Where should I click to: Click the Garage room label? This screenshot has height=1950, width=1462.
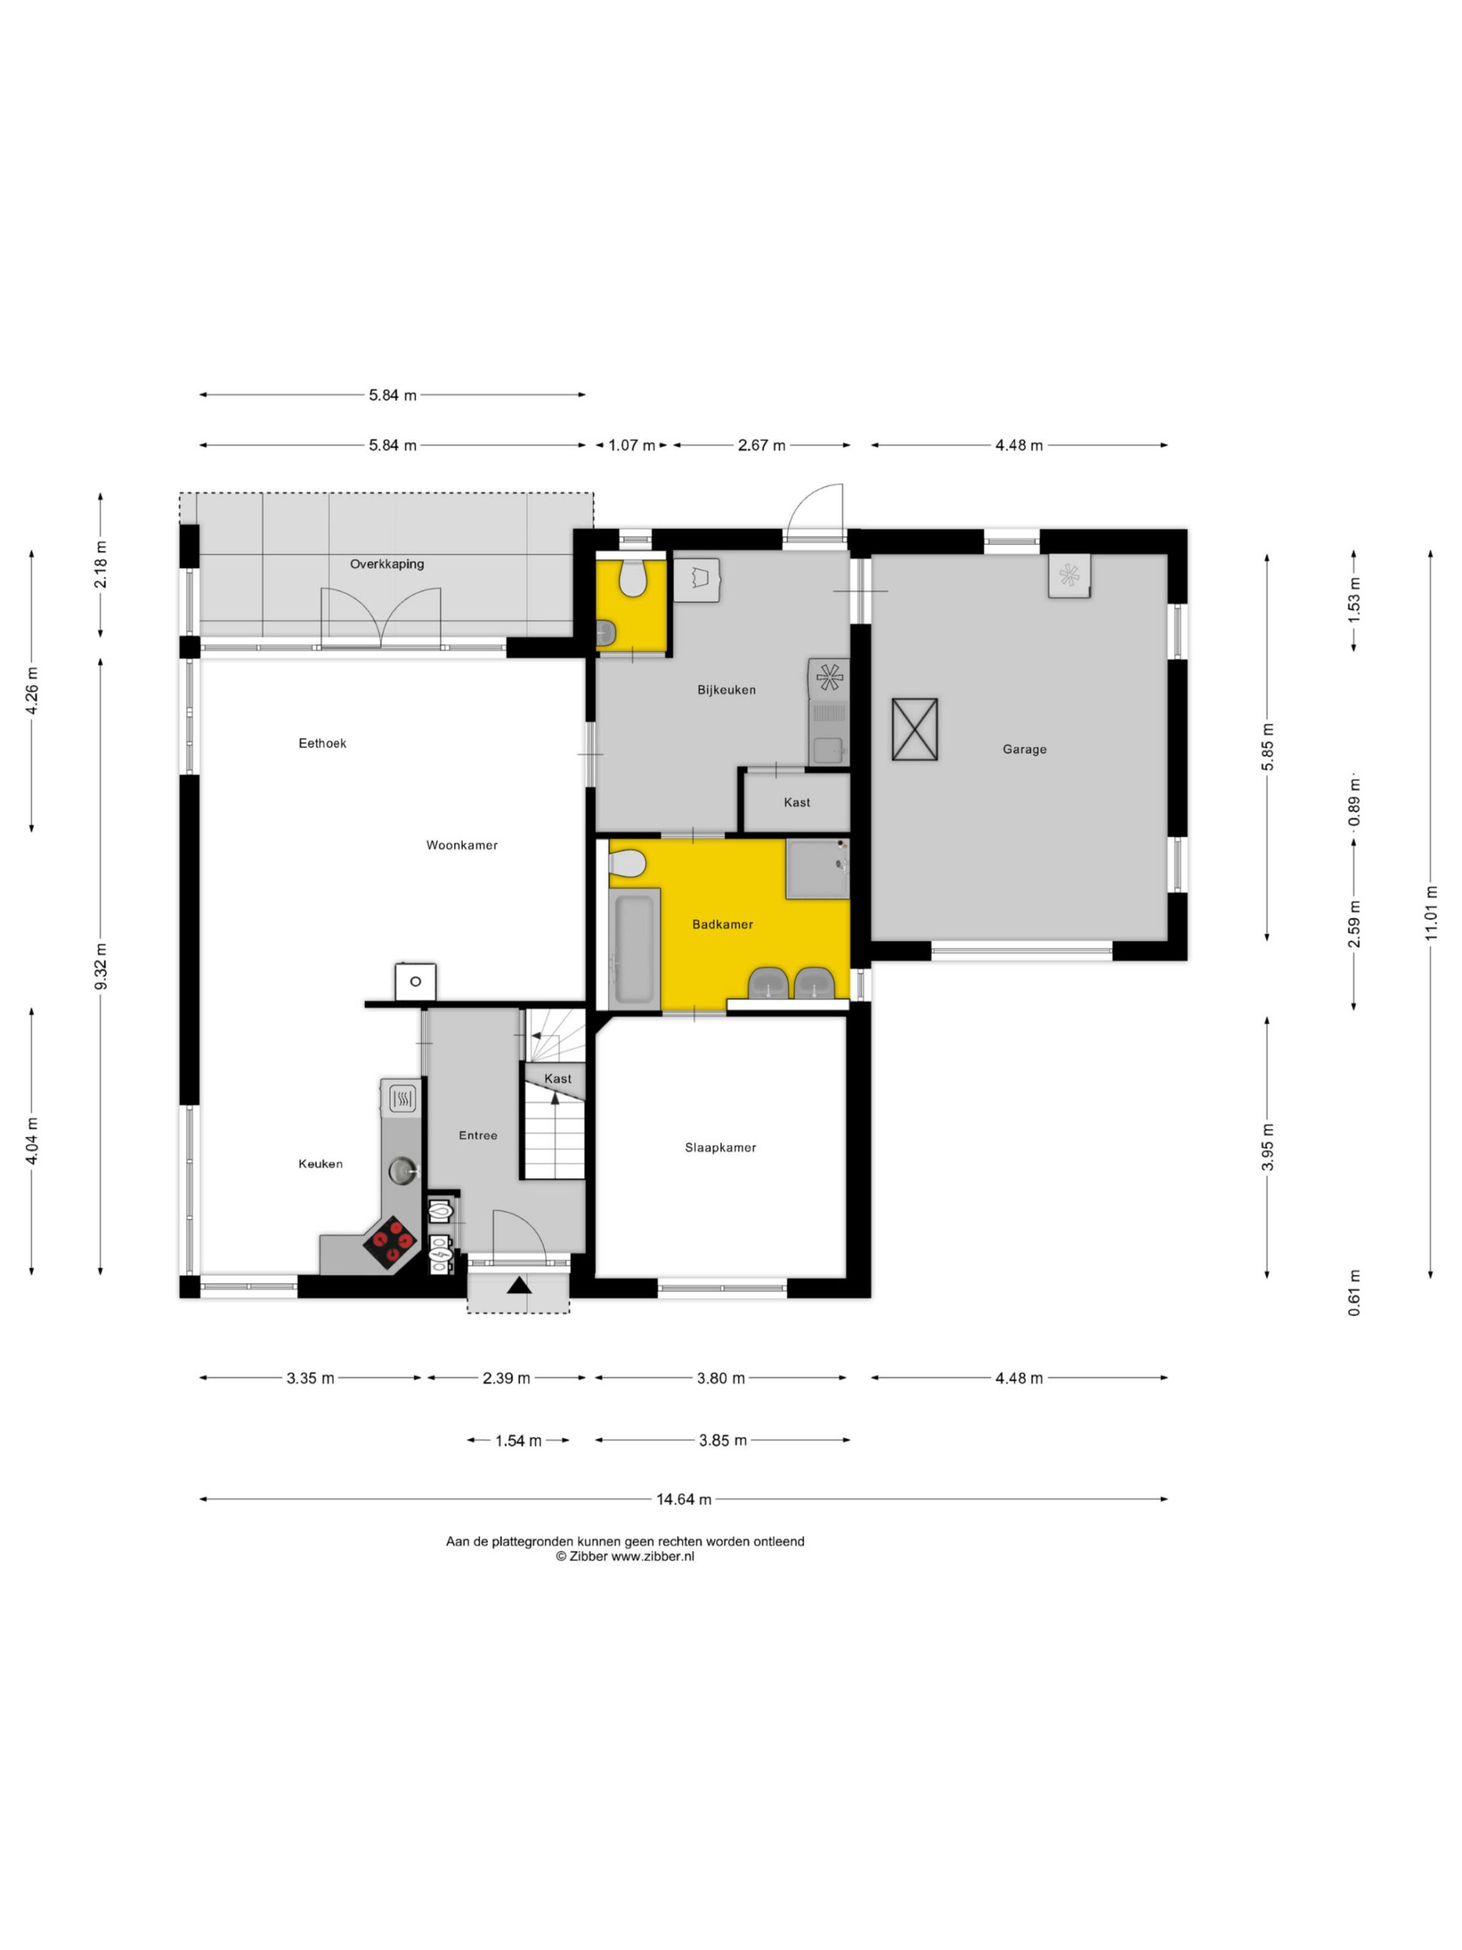(x=1024, y=750)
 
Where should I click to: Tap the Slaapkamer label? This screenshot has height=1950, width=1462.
(x=720, y=1147)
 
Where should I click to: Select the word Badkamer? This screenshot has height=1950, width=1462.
(x=723, y=924)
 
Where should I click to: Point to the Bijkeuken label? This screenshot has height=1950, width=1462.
(x=726, y=689)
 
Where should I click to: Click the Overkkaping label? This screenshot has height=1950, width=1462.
(x=387, y=564)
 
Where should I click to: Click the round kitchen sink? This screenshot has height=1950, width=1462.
(x=404, y=1170)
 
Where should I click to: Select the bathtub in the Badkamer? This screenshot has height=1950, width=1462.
(x=634, y=948)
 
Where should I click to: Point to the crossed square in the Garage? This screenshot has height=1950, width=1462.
(x=914, y=729)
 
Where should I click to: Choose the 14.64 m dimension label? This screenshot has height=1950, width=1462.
(x=684, y=1498)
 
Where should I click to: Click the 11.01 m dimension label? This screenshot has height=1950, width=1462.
(x=1430, y=913)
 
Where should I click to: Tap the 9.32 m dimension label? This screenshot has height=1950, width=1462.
(x=101, y=966)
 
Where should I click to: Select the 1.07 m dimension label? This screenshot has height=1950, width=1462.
(x=632, y=445)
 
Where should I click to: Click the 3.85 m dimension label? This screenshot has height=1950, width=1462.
(x=723, y=1440)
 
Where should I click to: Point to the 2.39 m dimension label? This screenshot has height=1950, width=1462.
(x=506, y=1378)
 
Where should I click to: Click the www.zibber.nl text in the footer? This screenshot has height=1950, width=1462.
(x=653, y=1556)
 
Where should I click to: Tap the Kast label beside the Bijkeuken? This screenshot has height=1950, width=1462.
(x=796, y=802)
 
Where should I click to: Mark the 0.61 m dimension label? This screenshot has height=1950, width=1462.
(x=1354, y=1293)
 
